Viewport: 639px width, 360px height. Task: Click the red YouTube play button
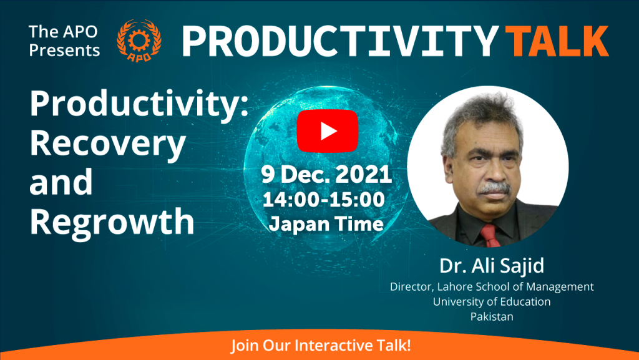coord(327,131)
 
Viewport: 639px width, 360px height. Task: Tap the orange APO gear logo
coord(139,41)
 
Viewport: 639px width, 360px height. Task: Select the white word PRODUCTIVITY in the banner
coord(341,41)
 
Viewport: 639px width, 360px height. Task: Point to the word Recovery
coord(107,145)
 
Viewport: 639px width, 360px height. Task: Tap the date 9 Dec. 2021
coord(326,175)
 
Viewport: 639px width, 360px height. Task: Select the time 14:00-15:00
coord(324,200)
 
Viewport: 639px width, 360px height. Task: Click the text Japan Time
coord(326,224)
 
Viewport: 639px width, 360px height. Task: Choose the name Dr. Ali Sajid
coord(492,266)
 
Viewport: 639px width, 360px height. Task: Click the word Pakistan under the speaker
coord(492,316)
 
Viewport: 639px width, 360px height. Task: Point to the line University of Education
coord(492,301)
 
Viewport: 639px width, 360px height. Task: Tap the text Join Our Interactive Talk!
coord(321,346)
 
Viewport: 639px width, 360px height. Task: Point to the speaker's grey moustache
coord(495,188)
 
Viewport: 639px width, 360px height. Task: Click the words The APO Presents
coord(64,41)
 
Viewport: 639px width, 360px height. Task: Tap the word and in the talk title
coord(61,182)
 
